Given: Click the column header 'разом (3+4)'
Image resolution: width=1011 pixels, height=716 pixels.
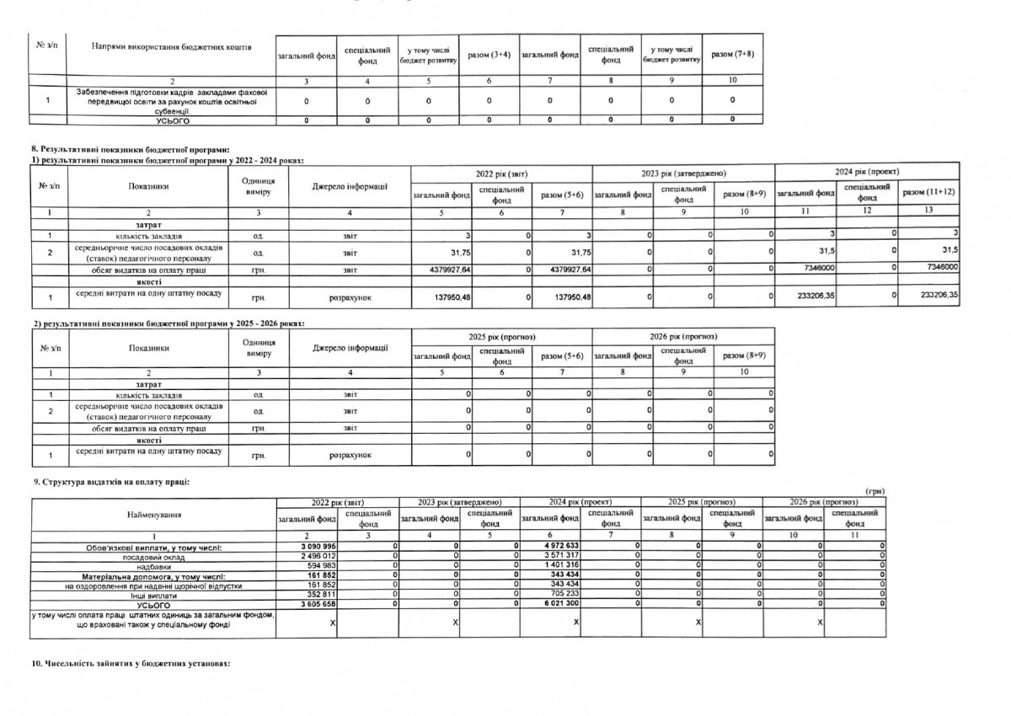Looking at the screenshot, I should point(489,55).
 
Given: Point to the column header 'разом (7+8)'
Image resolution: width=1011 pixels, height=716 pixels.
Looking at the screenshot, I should point(732,55).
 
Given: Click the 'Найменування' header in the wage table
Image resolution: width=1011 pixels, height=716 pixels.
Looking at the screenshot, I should point(154,514).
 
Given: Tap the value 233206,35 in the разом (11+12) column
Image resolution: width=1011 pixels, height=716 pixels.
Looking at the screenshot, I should point(935,295).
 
